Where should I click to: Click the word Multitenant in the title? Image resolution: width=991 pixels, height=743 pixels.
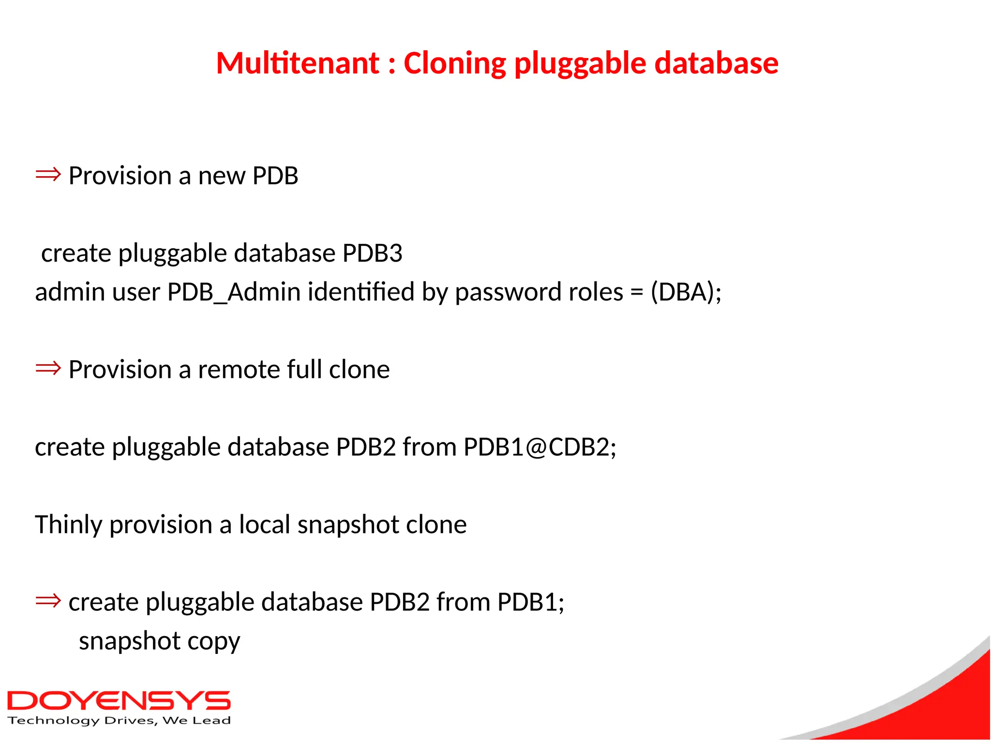click(x=298, y=63)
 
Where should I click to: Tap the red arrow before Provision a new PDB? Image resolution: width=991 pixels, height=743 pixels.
click(x=48, y=174)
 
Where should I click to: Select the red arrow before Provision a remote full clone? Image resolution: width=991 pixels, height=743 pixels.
click(x=48, y=368)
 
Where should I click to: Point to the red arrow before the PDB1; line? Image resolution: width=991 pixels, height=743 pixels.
click(x=48, y=601)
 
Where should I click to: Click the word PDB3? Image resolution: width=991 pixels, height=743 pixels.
click(x=372, y=253)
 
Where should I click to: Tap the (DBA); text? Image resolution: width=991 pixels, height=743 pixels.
click(x=686, y=292)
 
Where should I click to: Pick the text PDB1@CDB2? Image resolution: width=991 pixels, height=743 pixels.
click(x=540, y=447)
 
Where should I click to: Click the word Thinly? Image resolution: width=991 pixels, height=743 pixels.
click(x=68, y=525)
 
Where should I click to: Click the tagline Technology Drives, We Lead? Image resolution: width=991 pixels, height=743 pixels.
click(x=119, y=721)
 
